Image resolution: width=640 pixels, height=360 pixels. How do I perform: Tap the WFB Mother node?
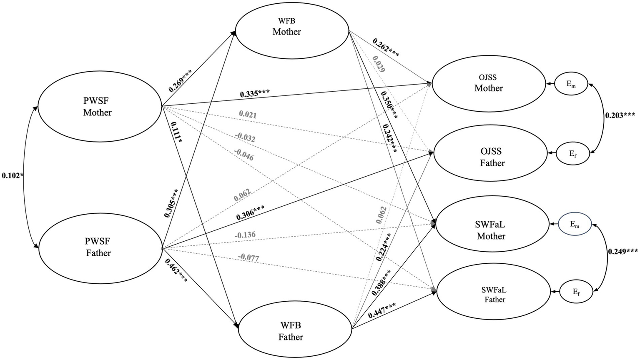(x=292, y=32)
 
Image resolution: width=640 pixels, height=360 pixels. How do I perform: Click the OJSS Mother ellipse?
(x=489, y=84)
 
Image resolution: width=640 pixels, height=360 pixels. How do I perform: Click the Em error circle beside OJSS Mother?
(x=571, y=84)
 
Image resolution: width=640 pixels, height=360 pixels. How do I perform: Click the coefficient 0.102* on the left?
(x=13, y=175)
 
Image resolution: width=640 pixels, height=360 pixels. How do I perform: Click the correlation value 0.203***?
(x=620, y=115)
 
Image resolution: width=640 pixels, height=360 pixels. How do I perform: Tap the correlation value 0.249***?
(x=622, y=251)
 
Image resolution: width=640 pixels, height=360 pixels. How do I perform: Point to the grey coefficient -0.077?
(x=249, y=258)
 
